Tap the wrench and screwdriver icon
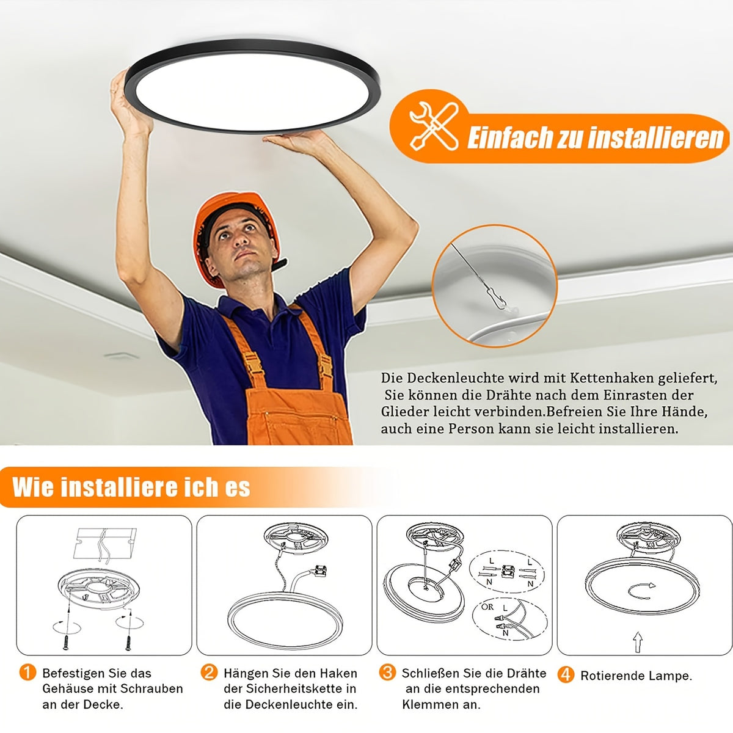tap(434, 126)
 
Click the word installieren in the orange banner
tap(656, 137)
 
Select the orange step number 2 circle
tap(209, 673)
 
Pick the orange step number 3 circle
tap(387, 673)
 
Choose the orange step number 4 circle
tap(566, 675)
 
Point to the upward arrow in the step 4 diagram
tap(638, 642)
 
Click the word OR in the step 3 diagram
tap(487, 607)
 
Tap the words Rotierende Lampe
tap(636, 676)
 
